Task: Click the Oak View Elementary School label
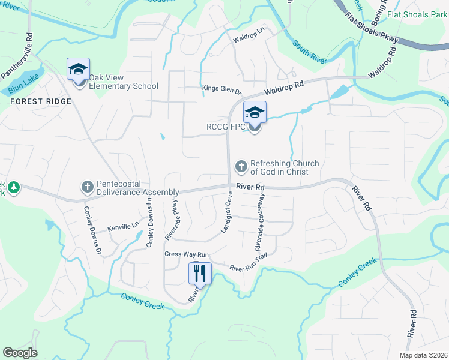(x=124, y=82)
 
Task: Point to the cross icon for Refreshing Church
(x=241, y=166)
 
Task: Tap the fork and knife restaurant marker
(x=200, y=274)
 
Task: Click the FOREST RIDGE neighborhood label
(x=41, y=101)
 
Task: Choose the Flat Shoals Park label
(x=417, y=14)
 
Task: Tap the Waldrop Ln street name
(x=249, y=40)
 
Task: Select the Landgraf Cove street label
(x=226, y=213)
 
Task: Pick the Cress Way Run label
(x=186, y=254)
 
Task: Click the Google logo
(x=20, y=352)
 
